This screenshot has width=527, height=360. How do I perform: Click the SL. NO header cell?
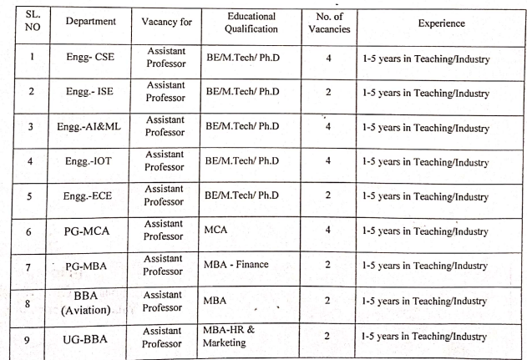tap(31, 23)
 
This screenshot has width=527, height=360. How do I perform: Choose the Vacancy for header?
tap(167, 23)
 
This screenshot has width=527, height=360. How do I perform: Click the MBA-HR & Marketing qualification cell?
tap(233, 337)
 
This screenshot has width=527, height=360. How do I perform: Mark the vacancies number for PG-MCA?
tap(328, 231)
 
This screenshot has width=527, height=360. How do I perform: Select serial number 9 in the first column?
tap(31, 337)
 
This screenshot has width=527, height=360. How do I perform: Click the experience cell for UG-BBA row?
tap(425, 337)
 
